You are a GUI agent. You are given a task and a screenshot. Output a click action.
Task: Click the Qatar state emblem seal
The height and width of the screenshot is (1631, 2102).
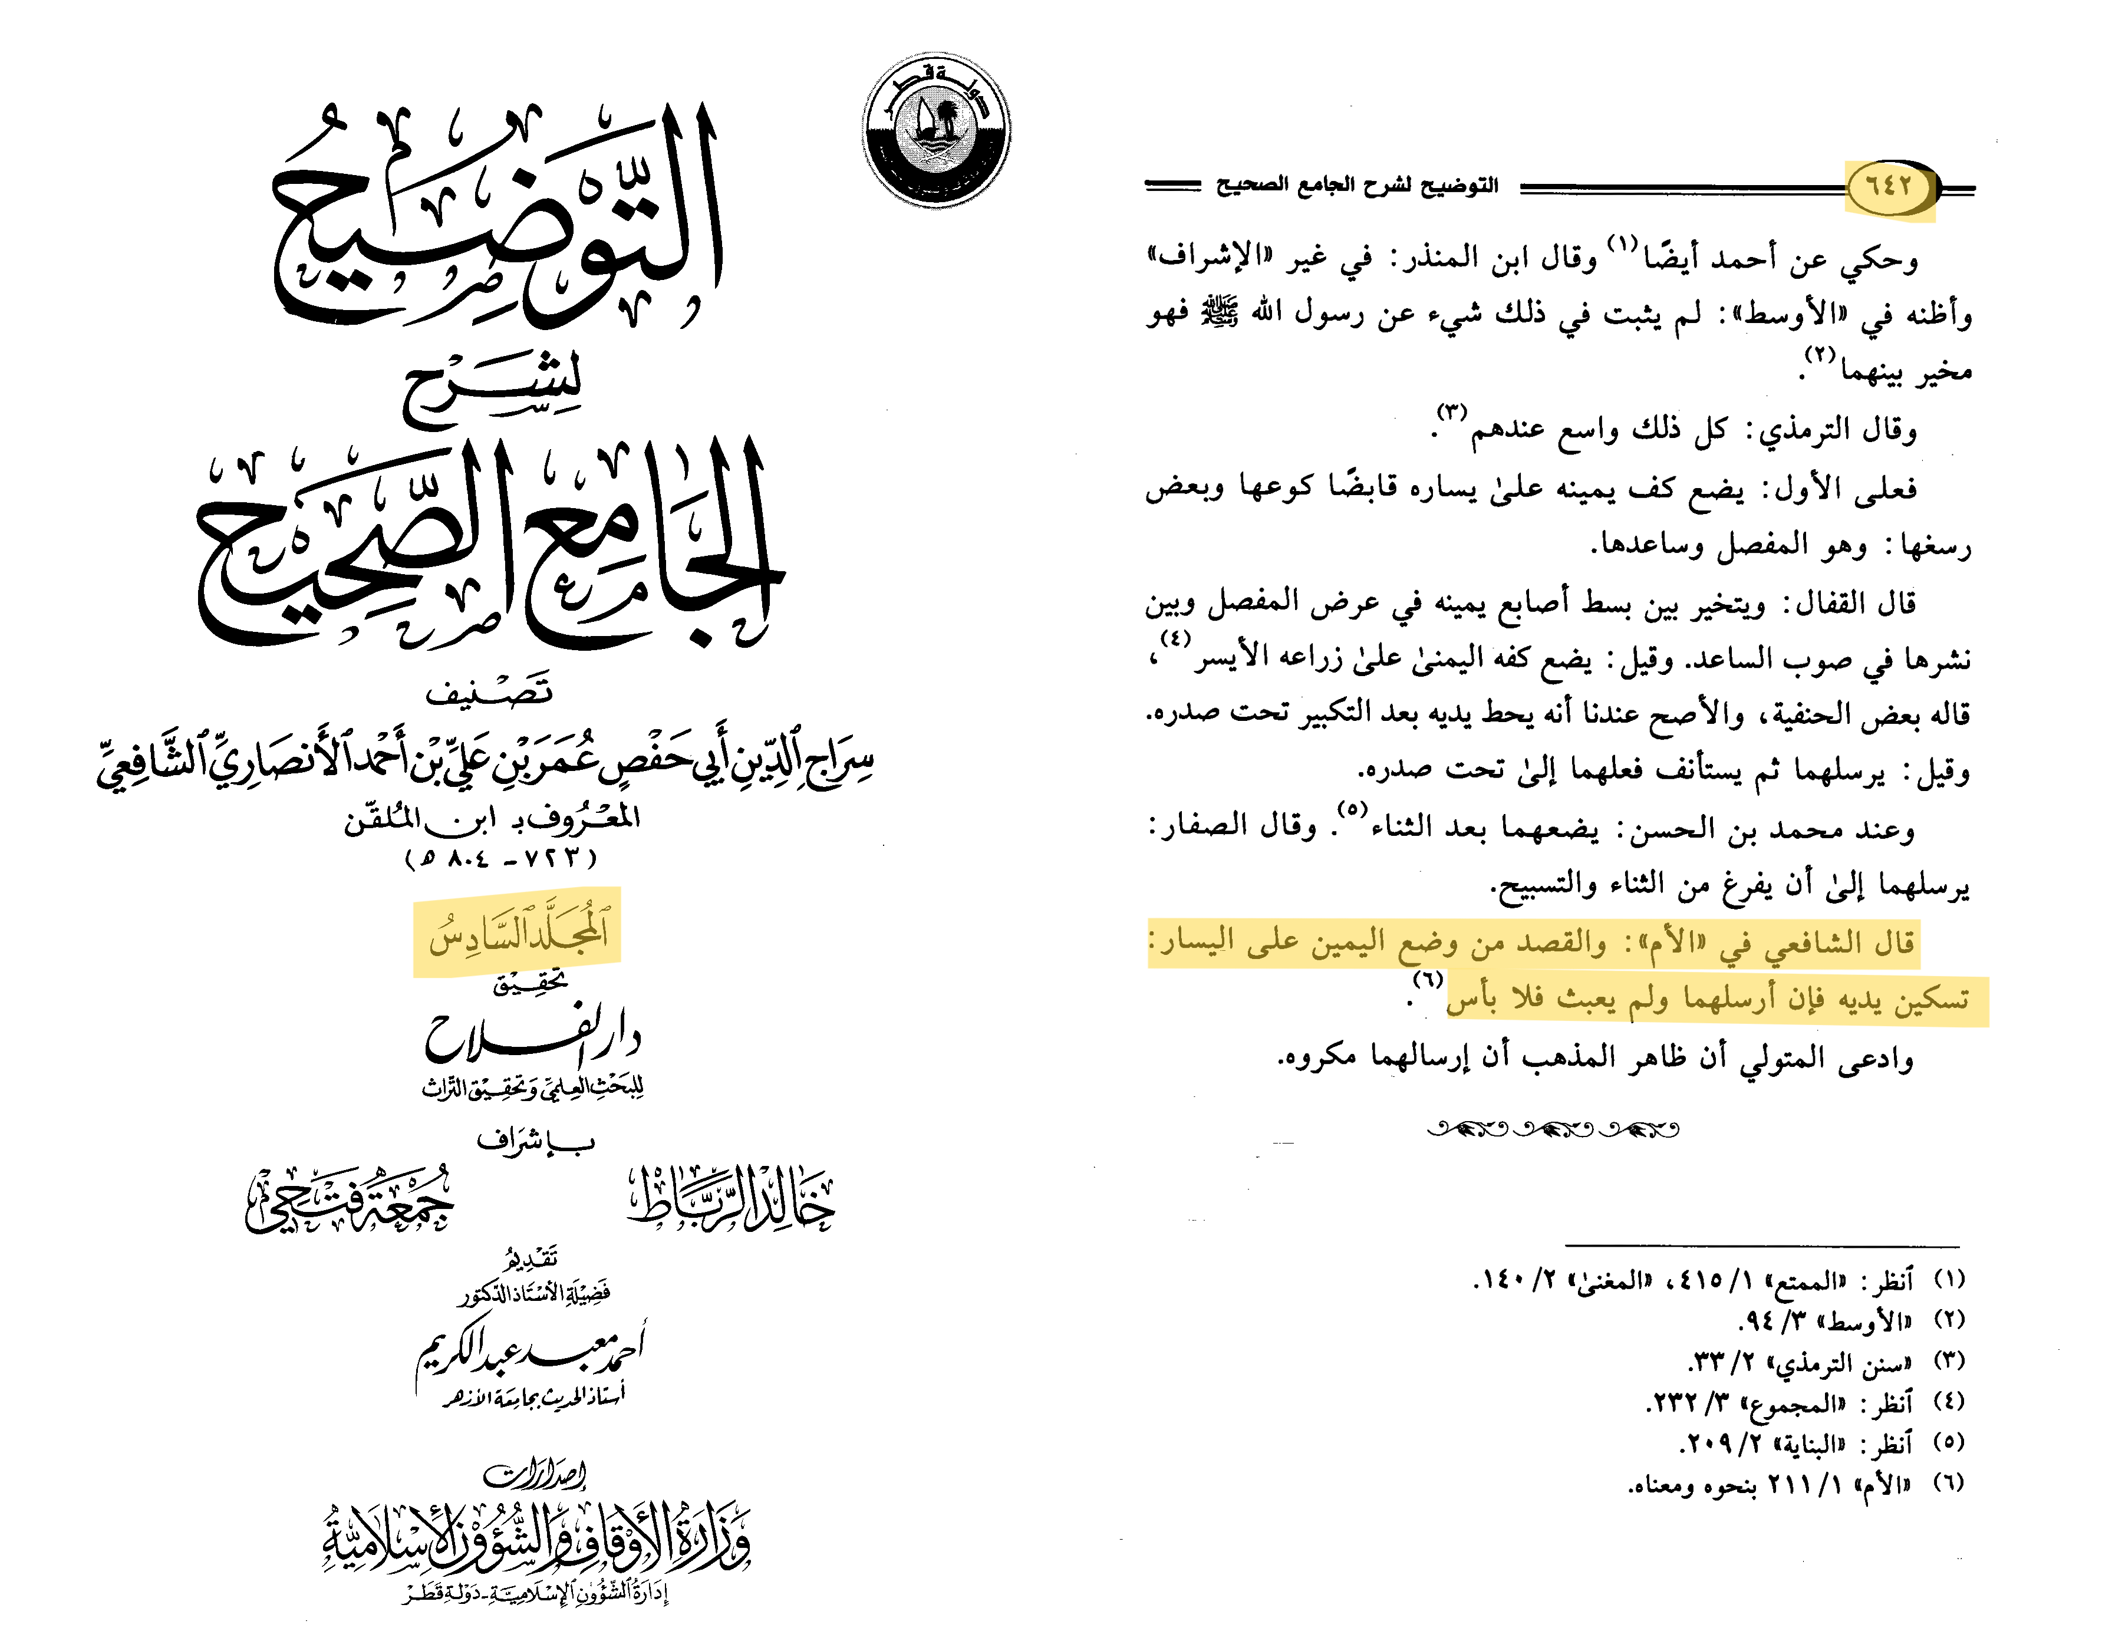click(935, 129)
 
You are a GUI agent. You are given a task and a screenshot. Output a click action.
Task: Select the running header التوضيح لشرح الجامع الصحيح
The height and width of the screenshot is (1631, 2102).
click(1357, 184)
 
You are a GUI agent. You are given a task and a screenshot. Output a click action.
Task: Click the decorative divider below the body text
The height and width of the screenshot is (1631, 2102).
click(1553, 1129)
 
